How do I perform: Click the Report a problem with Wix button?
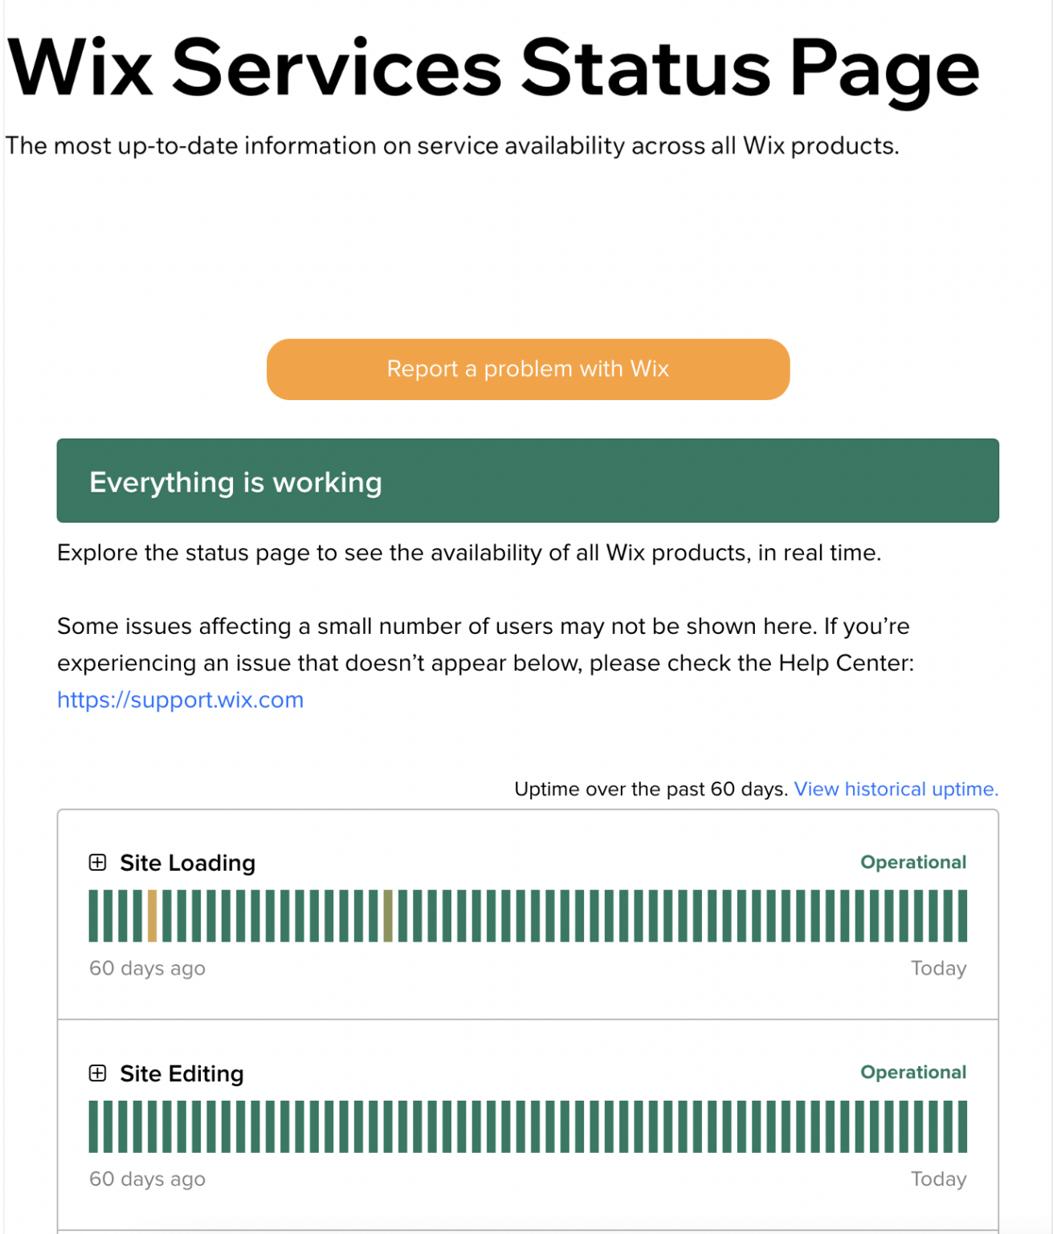(528, 369)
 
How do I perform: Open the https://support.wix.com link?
(180, 700)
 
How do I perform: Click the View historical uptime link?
(896, 789)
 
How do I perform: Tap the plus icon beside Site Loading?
(97, 863)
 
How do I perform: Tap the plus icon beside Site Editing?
(97, 1073)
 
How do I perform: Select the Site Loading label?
(187, 863)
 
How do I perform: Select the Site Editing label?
(182, 1073)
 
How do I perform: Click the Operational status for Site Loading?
(912, 862)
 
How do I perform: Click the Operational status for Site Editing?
(912, 1073)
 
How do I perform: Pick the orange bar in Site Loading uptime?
(153, 916)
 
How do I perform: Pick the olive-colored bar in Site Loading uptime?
(388, 916)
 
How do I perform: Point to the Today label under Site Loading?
(938, 968)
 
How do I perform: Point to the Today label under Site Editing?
(938, 1179)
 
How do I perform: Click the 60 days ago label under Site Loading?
(147, 968)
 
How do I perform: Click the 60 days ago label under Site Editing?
(147, 1179)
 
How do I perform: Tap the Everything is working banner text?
(235, 482)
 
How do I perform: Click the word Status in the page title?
(645, 69)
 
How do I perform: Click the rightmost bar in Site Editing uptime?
(962, 1126)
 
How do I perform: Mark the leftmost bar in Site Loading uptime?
(93, 916)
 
